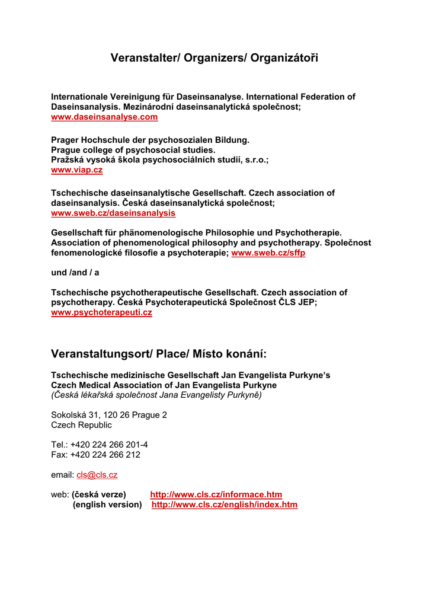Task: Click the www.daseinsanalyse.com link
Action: [104, 117]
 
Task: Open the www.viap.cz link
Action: [76, 170]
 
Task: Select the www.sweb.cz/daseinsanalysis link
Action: [113, 213]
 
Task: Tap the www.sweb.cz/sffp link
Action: [268, 253]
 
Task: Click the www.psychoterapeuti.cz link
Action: [101, 312]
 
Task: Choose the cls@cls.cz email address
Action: [97, 475]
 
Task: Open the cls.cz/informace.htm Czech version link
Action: [216, 494]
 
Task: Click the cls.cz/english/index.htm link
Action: [225, 505]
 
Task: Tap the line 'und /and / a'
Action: [75, 272]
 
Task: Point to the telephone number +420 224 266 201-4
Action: [109, 445]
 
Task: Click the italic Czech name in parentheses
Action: [156, 395]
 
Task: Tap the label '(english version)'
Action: [107, 505]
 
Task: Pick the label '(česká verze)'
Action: [99, 494]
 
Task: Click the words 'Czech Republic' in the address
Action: [81, 425]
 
